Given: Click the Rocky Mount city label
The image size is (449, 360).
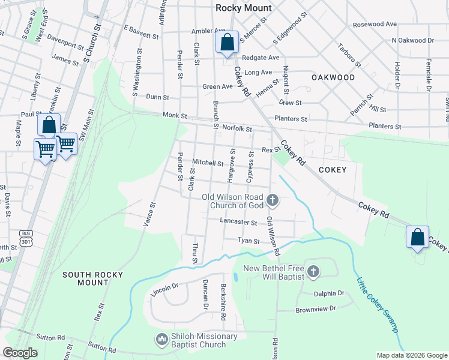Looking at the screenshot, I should tap(244, 8).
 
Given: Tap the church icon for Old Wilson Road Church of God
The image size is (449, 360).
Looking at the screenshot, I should tap(273, 200).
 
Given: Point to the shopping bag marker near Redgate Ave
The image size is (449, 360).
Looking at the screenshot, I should tap(227, 43).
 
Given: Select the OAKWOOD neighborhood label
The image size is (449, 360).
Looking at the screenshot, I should tap(333, 77).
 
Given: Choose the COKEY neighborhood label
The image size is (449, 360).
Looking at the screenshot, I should tap(333, 170).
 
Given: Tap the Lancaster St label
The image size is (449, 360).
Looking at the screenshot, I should tap(238, 222).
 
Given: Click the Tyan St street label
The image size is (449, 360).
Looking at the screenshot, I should tap(249, 241).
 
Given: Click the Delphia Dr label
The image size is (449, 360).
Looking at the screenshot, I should tap(328, 293).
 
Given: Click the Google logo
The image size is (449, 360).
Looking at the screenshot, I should tap(21, 353).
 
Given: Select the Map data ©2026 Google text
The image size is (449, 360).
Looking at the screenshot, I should tap(411, 355).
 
